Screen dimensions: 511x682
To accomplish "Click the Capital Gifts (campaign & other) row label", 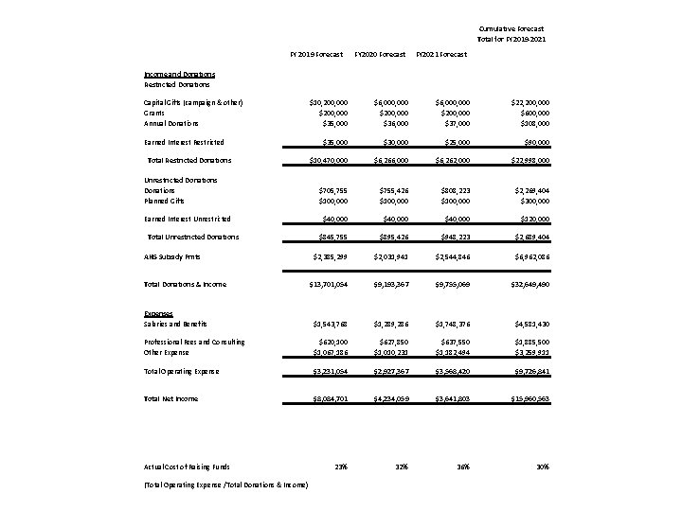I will [x=193, y=102].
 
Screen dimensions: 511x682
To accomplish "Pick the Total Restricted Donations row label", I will [x=189, y=160].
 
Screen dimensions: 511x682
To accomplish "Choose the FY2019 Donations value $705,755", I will [x=330, y=189].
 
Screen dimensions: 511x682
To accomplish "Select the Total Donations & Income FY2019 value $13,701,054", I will [x=324, y=284].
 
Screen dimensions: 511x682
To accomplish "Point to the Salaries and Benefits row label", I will [x=177, y=324].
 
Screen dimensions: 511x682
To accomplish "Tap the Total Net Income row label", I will [x=170, y=398].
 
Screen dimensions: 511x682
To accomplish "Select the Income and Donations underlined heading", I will [x=179, y=74].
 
